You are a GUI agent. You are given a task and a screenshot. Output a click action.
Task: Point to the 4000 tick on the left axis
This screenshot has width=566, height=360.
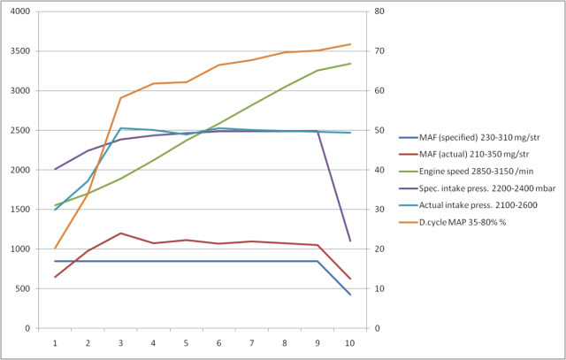tap(19, 11)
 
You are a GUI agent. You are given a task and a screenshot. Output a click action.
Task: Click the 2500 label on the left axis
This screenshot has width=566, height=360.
tap(19, 130)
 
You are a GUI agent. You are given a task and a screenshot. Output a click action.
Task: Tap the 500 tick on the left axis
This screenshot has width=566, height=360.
tap(22, 288)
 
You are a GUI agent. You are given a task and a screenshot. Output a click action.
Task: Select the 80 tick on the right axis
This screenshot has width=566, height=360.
tap(378, 11)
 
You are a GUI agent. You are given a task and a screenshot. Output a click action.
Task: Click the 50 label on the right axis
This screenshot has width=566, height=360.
tap(378, 130)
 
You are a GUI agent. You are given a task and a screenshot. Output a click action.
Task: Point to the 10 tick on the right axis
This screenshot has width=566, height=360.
tap(378, 288)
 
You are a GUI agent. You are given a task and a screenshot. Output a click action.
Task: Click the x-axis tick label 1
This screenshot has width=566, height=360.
tap(56, 341)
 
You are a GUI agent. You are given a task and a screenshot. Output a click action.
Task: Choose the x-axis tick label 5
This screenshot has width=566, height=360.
tap(187, 341)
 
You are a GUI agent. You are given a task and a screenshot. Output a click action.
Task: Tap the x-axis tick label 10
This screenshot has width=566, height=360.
tap(350, 341)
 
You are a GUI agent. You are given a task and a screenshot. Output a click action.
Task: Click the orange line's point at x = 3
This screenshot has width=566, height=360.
tap(121, 98)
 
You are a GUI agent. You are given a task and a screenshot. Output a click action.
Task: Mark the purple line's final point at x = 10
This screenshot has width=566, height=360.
tap(350, 241)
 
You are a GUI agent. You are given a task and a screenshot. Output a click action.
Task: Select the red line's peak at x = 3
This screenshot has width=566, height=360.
tap(121, 234)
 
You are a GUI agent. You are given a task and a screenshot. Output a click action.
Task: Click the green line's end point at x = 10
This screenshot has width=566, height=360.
tap(350, 64)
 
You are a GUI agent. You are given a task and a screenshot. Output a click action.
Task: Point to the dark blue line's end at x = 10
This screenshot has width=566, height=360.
tap(350, 295)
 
